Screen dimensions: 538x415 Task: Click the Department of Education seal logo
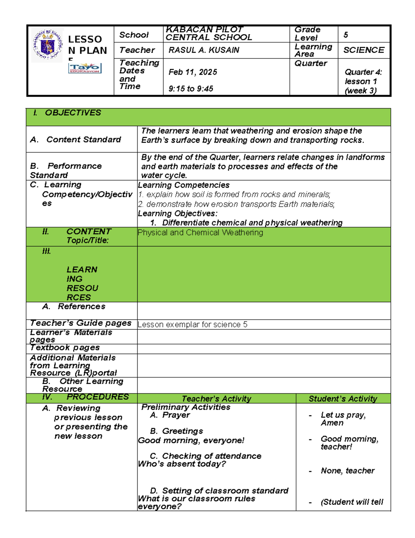tap(47, 45)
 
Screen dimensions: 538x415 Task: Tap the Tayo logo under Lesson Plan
tap(85, 68)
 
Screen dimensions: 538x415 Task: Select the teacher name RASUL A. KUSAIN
tap(204, 50)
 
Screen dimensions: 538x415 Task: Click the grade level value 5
tap(345, 35)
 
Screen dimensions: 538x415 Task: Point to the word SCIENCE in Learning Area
tap(363, 50)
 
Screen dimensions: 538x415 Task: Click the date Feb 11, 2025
tap(193, 72)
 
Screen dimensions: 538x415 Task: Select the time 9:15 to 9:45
tap(191, 89)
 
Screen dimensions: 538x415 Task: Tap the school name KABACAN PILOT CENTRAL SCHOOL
tap(209, 34)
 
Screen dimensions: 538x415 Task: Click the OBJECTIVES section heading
tap(73, 113)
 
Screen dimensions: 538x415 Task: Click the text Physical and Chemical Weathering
tap(200, 232)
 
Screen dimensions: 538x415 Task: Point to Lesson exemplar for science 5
tap(192, 325)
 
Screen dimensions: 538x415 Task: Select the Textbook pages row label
tap(65, 347)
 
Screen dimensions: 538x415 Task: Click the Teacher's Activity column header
tap(216, 399)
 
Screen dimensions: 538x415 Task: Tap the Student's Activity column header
tap(343, 399)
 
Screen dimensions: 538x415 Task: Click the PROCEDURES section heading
tap(97, 397)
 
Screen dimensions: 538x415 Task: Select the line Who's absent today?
tap(182, 464)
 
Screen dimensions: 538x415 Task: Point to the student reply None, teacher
tap(348, 471)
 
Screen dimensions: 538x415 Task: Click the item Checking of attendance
tap(211, 456)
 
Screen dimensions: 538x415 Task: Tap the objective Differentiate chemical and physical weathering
tap(252, 223)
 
